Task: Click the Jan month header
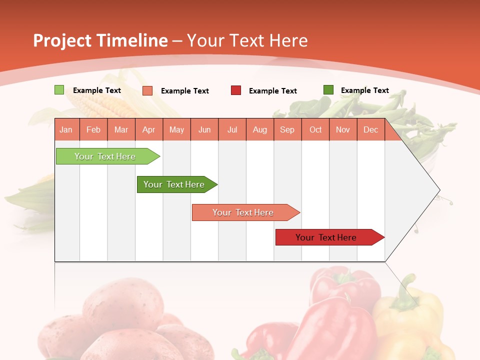point(66,130)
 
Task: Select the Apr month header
point(148,130)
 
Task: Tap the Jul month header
point(232,130)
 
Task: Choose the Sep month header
point(287,130)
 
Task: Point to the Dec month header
point(370,130)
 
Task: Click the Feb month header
point(93,130)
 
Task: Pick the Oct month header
point(315,130)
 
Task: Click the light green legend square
point(59,90)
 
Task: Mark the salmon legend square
point(147,90)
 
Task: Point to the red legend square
point(236,90)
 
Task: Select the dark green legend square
point(328,90)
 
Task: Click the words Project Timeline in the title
point(100,40)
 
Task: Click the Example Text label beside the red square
point(272,91)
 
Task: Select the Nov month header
point(343,130)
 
